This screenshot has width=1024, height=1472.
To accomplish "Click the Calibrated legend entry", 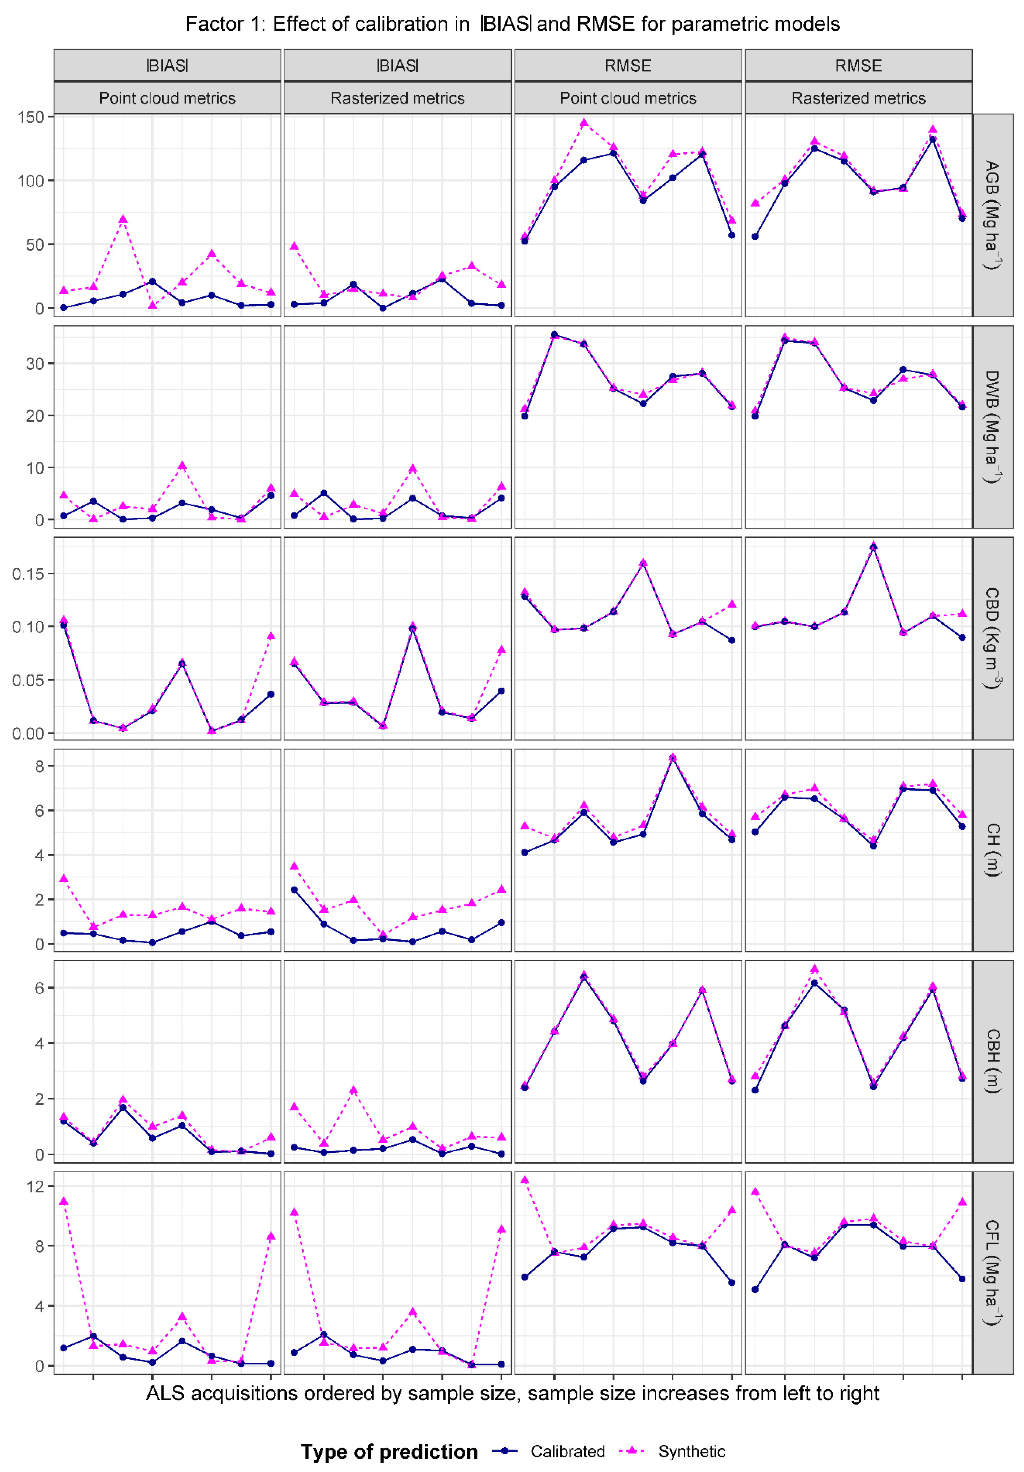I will [x=567, y=1451].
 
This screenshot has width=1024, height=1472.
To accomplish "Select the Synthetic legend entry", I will [x=691, y=1451].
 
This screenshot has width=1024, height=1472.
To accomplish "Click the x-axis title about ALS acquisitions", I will [x=512, y=1393].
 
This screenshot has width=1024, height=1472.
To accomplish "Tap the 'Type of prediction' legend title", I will [x=389, y=1451].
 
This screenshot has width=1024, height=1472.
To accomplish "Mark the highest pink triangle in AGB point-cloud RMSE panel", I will [x=583, y=122].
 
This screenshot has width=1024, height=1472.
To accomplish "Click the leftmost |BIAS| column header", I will [x=167, y=65].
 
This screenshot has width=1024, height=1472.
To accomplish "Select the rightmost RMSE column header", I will [x=858, y=65].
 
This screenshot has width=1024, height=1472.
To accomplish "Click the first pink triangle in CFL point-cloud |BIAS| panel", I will [x=64, y=1201].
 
